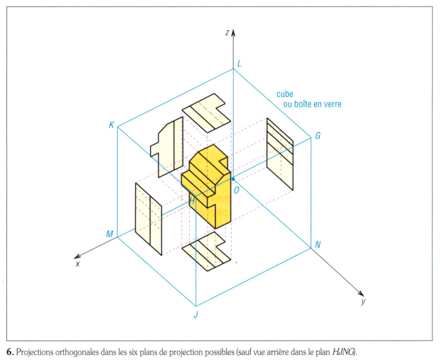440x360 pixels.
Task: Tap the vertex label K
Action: tap(111, 125)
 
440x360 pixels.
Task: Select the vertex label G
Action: tap(317, 137)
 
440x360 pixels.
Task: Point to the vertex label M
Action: tap(109, 234)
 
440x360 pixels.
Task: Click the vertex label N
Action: tap(317, 245)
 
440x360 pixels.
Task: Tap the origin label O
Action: tap(237, 190)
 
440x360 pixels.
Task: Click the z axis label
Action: tap(227, 32)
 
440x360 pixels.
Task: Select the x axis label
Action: tap(77, 264)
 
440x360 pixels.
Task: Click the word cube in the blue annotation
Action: tap(286, 94)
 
